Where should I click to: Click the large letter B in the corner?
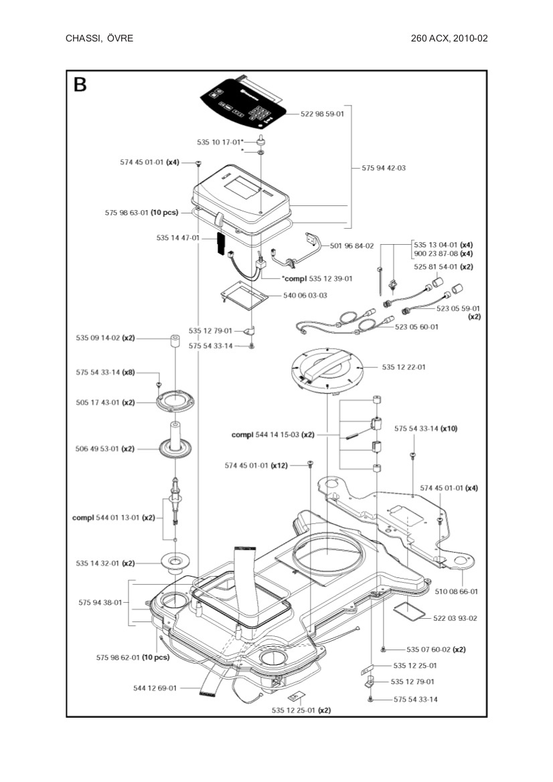click(x=80, y=85)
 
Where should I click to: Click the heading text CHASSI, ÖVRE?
click(x=99, y=38)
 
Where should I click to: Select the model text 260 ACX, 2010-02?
click(x=449, y=38)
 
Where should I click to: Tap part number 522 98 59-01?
click(x=322, y=114)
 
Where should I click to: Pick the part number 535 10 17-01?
click(x=219, y=142)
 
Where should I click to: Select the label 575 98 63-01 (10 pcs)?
click(x=141, y=213)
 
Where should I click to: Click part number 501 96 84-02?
click(x=351, y=246)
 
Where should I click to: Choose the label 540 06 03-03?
click(x=305, y=295)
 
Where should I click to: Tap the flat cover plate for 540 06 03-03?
click(x=244, y=293)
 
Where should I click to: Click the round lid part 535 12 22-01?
click(x=328, y=367)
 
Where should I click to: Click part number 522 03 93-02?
click(x=455, y=618)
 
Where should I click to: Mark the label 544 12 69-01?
click(x=155, y=688)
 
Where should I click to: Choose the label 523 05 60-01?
click(x=417, y=326)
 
